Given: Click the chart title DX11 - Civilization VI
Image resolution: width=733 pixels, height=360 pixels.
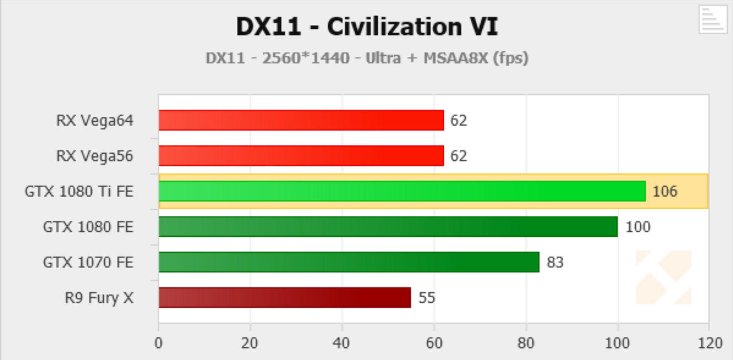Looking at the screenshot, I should (366, 27).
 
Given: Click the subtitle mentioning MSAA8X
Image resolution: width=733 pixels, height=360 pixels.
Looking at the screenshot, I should (366, 58).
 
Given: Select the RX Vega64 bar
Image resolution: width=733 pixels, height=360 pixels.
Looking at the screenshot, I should (301, 120).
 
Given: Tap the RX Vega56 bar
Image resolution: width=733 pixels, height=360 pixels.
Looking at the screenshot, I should (301, 156).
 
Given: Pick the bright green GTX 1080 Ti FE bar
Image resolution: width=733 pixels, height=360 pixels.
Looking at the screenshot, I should (402, 191).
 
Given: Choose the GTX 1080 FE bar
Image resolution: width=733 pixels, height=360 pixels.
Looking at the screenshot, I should (388, 226).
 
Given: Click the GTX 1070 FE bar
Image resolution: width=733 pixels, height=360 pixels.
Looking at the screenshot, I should (349, 262).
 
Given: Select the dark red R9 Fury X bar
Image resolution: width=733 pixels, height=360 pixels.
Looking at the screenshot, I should (285, 297).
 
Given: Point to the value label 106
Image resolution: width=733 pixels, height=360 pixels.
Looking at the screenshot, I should (665, 191).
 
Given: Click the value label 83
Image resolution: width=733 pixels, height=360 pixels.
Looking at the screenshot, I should (555, 263).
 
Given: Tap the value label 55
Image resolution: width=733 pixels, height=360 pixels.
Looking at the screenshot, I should (427, 298).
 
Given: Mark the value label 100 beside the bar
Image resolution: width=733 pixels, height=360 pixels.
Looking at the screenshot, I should (638, 227).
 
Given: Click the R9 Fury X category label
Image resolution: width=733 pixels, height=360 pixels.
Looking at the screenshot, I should (99, 298).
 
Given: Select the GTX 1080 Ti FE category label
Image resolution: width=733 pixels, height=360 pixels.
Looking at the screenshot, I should (79, 191).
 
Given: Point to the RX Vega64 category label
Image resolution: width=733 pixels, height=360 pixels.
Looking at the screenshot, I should (95, 120).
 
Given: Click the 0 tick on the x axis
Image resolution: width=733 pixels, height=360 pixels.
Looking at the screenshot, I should (159, 343).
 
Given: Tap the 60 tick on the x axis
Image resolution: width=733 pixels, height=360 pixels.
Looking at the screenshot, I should (434, 343).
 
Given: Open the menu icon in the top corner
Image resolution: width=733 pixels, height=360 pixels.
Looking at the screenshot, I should (712, 20).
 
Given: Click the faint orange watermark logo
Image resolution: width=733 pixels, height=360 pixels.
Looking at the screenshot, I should (664, 277).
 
